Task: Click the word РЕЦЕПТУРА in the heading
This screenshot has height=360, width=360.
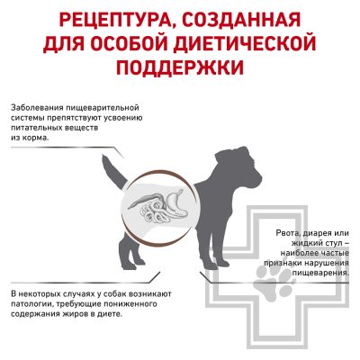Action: pos(116,21)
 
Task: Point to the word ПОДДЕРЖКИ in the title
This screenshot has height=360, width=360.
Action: pos(180,67)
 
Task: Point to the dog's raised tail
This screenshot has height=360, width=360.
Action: pos(114,172)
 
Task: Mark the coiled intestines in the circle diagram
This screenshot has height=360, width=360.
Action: pos(152,210)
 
